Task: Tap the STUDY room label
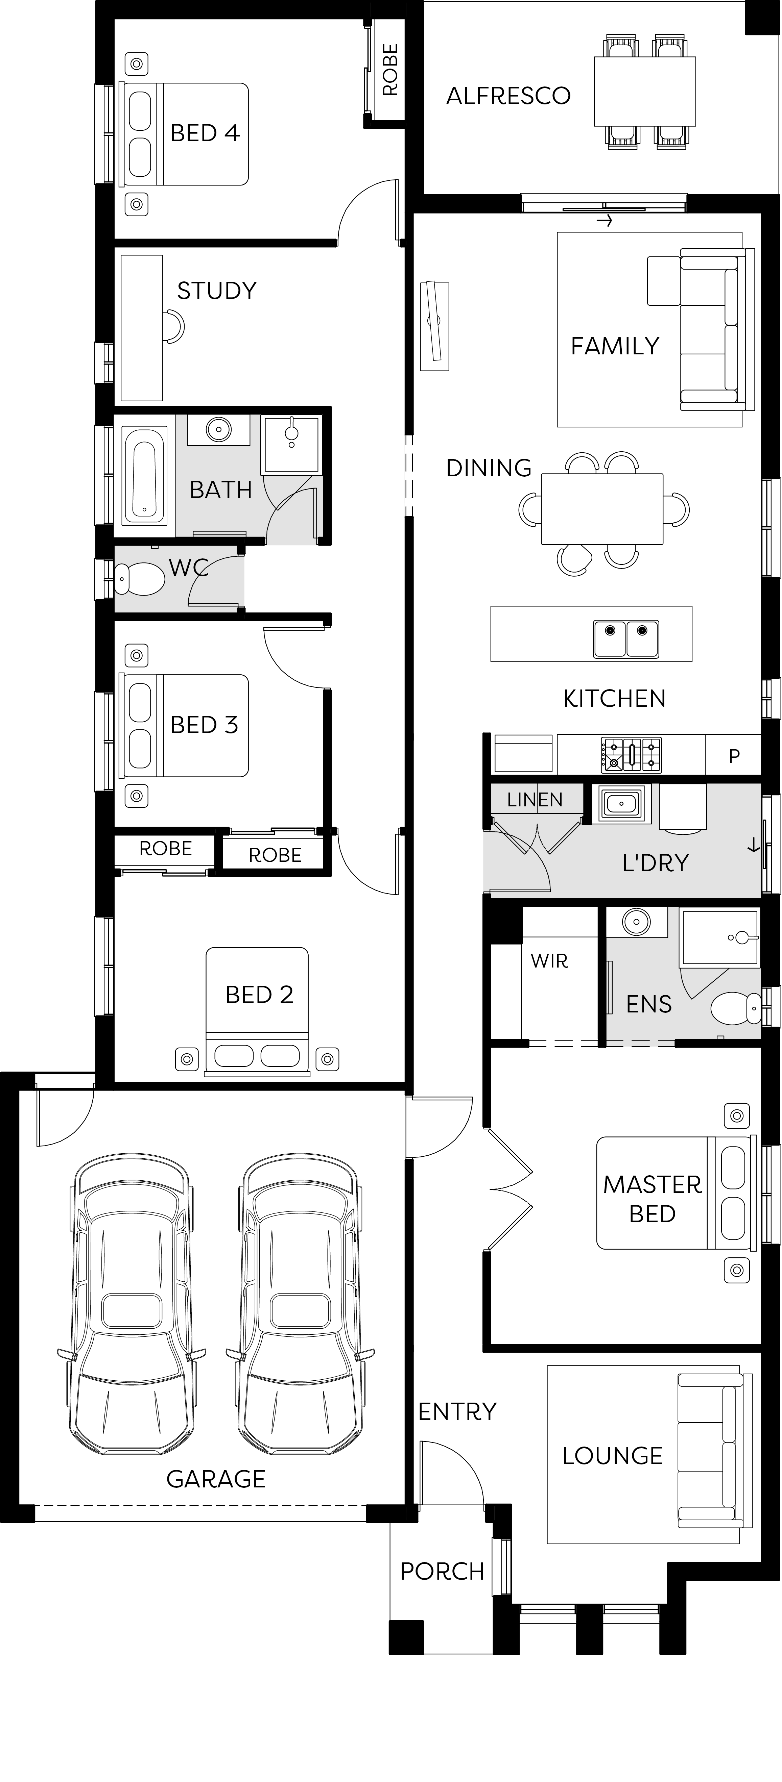(217, 291)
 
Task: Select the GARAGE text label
(216, 1479)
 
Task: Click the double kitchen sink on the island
(625, 638)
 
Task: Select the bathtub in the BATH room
(145, 475)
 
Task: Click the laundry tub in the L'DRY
(622, 803)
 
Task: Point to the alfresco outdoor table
(644, 91)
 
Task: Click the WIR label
(549, 961)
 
